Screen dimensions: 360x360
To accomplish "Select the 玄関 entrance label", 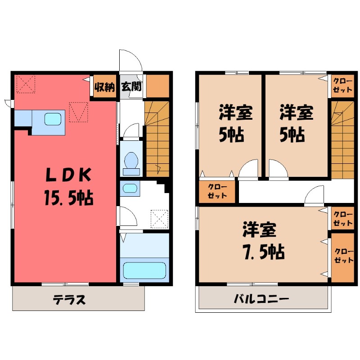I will [131, 86].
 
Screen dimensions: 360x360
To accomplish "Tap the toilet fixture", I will [131, 161].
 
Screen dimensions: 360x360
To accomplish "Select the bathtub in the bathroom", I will [144, 270].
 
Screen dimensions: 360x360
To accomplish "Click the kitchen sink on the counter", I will [53, 119].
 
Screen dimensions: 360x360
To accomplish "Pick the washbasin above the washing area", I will [130, 188].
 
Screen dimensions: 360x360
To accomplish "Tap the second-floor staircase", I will [342, 139].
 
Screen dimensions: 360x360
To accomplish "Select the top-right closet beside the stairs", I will [342, 85].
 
